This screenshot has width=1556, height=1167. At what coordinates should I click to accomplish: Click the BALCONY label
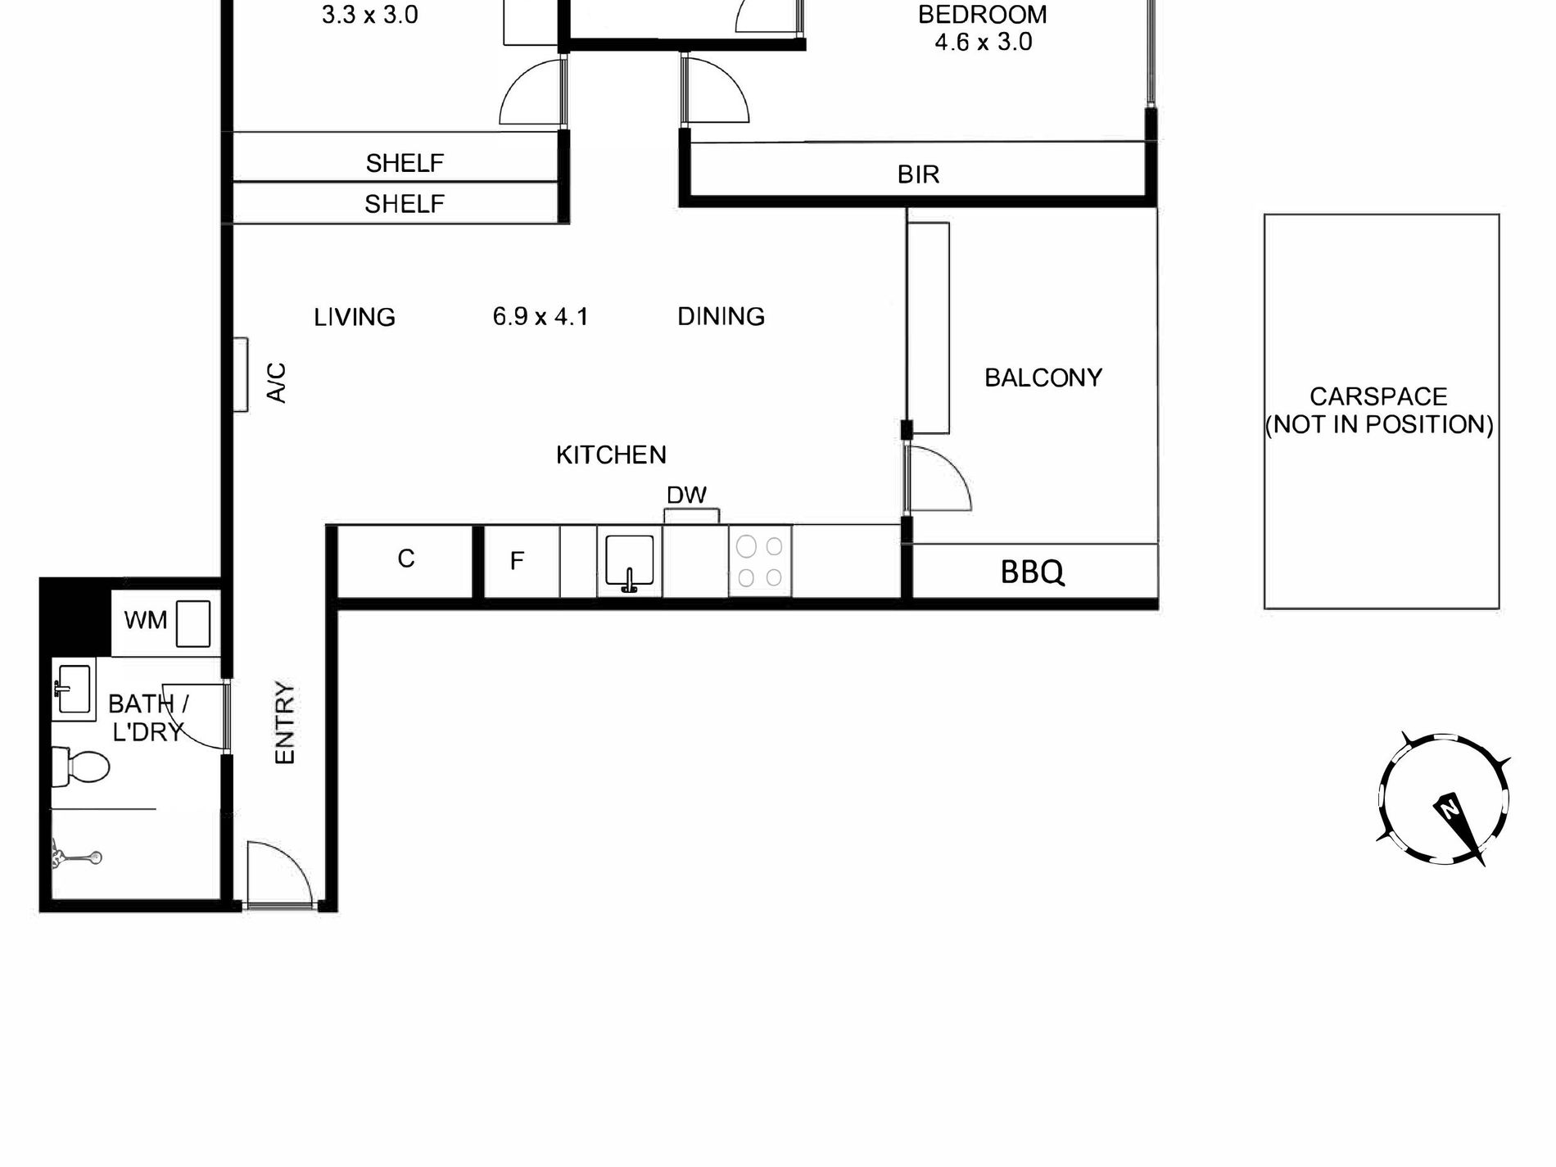(x=1043, y=378)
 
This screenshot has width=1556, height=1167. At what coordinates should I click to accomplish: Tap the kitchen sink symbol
(x=629, y=562)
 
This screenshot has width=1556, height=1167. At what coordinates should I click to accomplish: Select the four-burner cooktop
(x=759, y=561)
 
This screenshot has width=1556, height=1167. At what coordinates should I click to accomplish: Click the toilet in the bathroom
(x=80, y=767)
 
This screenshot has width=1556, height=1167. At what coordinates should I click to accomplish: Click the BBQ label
(x=1032, y=572)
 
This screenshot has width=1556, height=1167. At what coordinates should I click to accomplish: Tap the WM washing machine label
(x=146, y=620)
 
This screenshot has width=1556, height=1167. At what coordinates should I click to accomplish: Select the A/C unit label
(x=278, y=382)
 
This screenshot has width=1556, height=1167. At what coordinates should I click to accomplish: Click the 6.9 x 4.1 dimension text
(x=541, y=316)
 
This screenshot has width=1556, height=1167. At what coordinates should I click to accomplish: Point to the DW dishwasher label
(x=686, y=495)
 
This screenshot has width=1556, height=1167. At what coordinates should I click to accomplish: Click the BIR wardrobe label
(x=918, y=174)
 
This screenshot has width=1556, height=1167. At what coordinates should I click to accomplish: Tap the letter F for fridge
(x=517, y=561)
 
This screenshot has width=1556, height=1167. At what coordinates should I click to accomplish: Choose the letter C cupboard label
(x=406, y=559)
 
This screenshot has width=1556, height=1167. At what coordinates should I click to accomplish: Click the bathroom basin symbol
(x=73, y=688)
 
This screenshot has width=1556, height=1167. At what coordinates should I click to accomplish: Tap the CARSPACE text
(x=1378, y=396)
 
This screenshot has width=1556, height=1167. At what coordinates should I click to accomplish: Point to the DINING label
(x=721, y=316)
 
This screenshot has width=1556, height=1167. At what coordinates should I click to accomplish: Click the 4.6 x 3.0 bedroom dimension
(x=984, y=42)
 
